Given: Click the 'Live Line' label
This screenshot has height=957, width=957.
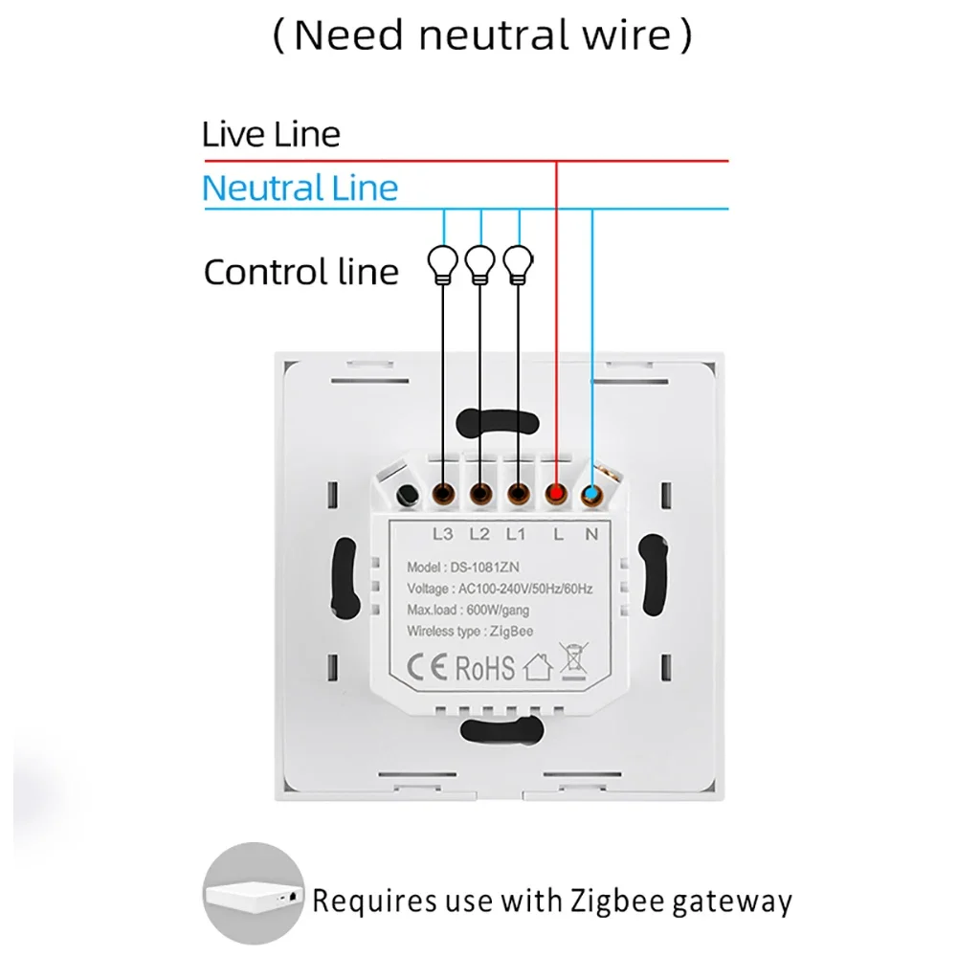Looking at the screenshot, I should point(271,134).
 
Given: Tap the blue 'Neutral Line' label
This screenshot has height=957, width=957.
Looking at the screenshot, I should point(300,188).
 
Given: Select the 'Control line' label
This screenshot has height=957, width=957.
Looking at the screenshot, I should point(300,272).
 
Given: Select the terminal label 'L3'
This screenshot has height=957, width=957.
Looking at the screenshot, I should point(443,533).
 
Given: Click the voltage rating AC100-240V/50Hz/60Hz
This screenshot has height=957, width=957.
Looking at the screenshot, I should point(499,589).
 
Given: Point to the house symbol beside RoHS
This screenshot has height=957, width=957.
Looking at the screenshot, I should point(538,666).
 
